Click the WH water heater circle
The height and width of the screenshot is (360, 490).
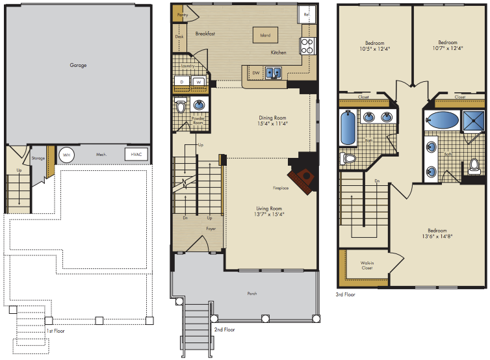(66, 155)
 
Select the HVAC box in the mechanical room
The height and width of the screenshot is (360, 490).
(136, 155)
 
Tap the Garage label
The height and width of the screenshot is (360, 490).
(78, 65)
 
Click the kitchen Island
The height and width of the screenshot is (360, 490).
(265, 35)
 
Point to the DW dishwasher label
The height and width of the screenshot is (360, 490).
(256, 73)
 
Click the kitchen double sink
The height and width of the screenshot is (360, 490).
(273, 73)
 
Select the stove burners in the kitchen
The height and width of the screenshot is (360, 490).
(307, 46)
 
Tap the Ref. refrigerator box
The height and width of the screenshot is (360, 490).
(307, 14)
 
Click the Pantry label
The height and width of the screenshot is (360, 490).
(183, 15)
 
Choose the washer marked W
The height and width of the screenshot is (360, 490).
(199, 82)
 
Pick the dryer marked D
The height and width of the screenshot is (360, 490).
(182, 82)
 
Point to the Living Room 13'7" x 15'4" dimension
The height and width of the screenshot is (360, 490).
(269, 214)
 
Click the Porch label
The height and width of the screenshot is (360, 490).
(252, 294)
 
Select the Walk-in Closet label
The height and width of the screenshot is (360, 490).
(367, 265)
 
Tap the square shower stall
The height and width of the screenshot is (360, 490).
(474, 120)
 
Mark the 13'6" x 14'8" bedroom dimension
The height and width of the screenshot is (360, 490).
(437, 237)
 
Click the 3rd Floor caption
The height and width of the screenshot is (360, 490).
(345, 294)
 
